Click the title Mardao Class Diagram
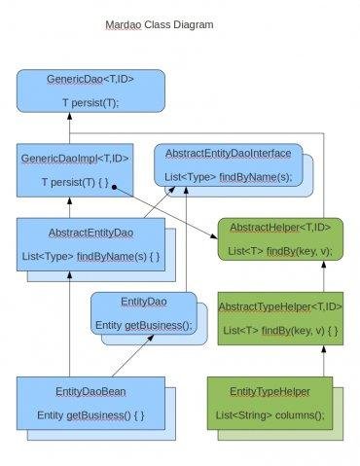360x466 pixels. point(160,25)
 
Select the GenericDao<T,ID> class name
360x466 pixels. point(90,79)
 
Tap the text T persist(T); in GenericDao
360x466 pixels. point(90,103)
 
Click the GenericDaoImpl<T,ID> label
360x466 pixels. point(75,159)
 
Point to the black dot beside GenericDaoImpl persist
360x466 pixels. point(114,187)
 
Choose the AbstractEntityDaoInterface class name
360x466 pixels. point(229,154)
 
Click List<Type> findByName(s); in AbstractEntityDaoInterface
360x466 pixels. point(229,177)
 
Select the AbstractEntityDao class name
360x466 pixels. point(90,233)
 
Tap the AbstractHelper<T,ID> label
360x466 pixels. point(280,228)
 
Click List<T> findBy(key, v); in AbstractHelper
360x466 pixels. point(280,251)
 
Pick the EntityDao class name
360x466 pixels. point(144,302)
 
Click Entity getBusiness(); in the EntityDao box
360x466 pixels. point(144,325)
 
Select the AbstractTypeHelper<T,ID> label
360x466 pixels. point(280,306)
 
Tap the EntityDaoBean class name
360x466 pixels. point(90,392)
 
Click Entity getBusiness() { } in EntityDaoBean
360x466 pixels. point(90,415)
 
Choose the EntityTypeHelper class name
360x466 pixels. point(270,392)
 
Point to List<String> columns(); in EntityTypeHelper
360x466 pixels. point(270,415)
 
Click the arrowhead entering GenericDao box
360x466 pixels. point(69,117)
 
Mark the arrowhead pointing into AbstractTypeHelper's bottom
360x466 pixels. point(323,349)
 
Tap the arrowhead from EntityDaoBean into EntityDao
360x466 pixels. point(150,339)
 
